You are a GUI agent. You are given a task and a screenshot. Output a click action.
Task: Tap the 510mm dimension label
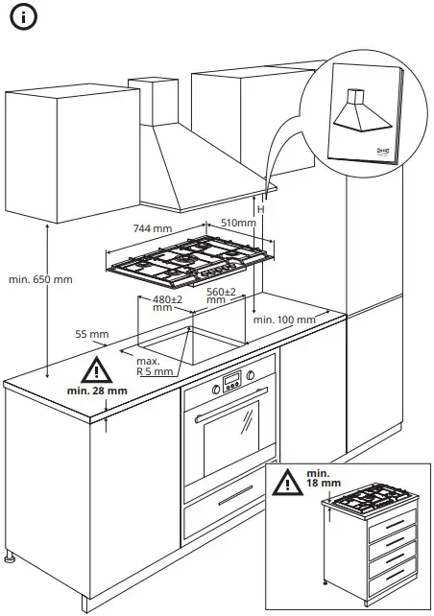(x=238, y=223)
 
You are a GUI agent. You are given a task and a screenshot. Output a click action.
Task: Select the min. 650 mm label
(x=40, y=279)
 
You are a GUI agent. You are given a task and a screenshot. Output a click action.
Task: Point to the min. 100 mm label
(x=284, y=320)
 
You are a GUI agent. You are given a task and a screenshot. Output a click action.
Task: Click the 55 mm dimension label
(x=91, y=335)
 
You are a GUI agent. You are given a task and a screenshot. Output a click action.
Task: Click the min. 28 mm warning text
(x=97, y=391)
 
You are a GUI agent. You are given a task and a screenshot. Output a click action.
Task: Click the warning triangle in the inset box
(x=287, y=483)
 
